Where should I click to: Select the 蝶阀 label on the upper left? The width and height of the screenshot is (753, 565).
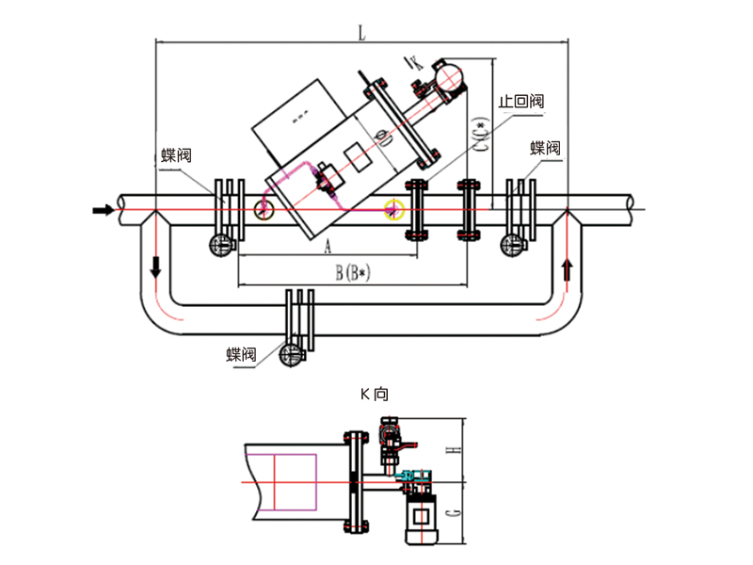click(176, 155)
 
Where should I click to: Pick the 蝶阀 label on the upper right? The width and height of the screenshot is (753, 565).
click(545, 148)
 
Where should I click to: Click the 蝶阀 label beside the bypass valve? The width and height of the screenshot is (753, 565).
click(241, 354)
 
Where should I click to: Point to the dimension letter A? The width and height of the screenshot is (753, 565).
click(328, 246)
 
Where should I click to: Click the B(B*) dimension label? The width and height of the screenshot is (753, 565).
click(356, 274)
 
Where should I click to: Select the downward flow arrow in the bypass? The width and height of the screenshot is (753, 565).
click(154, 266)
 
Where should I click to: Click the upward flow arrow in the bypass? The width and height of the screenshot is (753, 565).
click(566, 270)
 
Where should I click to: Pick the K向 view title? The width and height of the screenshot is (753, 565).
click(374, 395)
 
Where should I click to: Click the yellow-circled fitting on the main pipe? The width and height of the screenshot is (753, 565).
click(394, 208)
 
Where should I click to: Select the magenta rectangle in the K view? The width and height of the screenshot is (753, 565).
click(296, 481)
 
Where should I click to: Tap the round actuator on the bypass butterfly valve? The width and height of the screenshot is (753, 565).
click(292, 355)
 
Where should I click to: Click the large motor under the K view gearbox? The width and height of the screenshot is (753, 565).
click(416, 520)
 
